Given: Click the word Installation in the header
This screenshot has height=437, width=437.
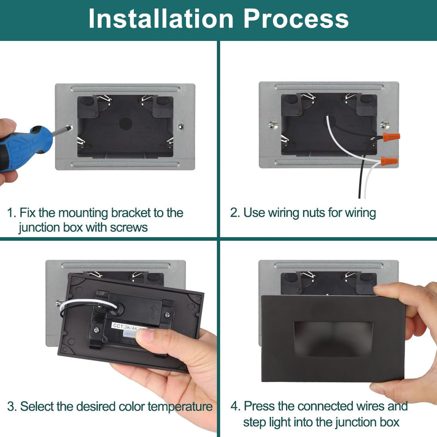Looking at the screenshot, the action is [x=161, y=19].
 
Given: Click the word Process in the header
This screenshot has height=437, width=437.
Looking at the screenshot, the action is [x=296, y=19].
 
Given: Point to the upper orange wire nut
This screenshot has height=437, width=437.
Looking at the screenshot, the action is [x=391, y=137].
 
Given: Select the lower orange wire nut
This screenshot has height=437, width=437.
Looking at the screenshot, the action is [x=389, y=161].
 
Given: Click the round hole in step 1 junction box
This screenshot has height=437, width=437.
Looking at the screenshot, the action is [x=125, y=123].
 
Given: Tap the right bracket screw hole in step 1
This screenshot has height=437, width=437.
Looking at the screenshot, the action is [x=181, y=127].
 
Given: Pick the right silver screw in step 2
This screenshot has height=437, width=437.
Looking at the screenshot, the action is [x=385, y=125].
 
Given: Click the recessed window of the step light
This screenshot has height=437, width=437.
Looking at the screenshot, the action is [x=333, y=339].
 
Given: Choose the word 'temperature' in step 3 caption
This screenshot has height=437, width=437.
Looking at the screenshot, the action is [x=180, y=407].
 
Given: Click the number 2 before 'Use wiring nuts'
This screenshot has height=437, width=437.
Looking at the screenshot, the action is [x=235, y=213].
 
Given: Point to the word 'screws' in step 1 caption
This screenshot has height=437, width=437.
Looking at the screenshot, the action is [x=129, y=228].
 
